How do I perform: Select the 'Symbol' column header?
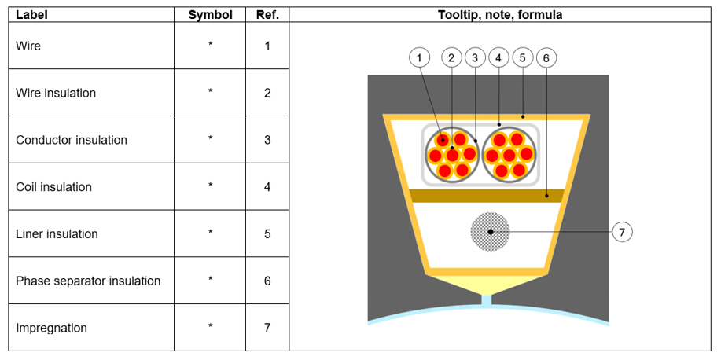point(210,15)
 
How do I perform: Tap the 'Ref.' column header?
point(267,15)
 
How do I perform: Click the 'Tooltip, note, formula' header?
point(499,15)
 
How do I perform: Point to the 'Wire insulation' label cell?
point(56,93)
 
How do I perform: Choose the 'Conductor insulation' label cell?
point(72,140)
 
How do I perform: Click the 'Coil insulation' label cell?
point(53,187)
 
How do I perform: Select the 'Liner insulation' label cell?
point(57,234)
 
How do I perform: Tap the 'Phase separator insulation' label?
point(88,281)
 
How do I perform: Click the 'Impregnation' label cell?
point(51,328)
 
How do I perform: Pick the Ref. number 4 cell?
point(267,187)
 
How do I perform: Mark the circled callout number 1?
point(420,57)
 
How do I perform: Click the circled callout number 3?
point(475,57)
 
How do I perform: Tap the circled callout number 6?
point(546,57)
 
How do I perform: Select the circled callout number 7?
point(622,232)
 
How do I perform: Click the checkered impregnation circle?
point(490,231)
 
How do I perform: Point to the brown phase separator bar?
point(485,196)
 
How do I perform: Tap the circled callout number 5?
point(523,57)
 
